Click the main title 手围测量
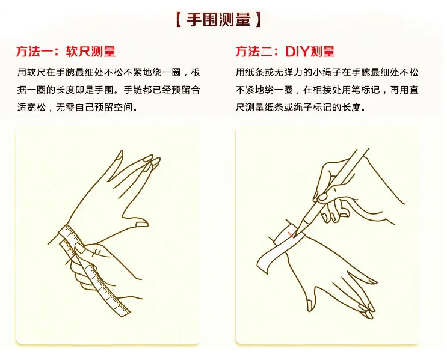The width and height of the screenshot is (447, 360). click(x=218, y=20)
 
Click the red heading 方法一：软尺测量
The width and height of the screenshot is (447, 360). click(x=66, y=52)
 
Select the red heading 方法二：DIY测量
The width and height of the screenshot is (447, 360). click(x=285, y=52)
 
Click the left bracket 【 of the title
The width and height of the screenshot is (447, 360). click(x=179, y=20)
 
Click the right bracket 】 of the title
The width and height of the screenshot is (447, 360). click(x=258, y=20)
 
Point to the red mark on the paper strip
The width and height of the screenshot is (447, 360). click(x=291, y=236)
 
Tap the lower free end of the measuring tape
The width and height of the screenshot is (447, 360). click(x=125, y=313)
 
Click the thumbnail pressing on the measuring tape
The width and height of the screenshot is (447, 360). click(x=80, y=248)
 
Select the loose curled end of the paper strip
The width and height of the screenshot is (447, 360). click(x=263, y=263)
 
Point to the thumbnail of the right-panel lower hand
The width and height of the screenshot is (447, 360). click(x=310, y=305)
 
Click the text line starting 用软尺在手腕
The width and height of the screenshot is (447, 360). click(x=109, y=72)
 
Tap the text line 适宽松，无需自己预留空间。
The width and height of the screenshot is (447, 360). click(x=78, y=108)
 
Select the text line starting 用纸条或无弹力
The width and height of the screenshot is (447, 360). click(x=327, y=72)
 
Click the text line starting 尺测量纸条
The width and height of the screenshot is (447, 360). click(x=301, y=108)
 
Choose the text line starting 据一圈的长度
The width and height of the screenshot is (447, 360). click(x=109, y=90)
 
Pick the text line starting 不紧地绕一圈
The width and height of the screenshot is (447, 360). click(x=327, y=90)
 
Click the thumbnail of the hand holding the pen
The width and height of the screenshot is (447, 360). click(x=322, y=197)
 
